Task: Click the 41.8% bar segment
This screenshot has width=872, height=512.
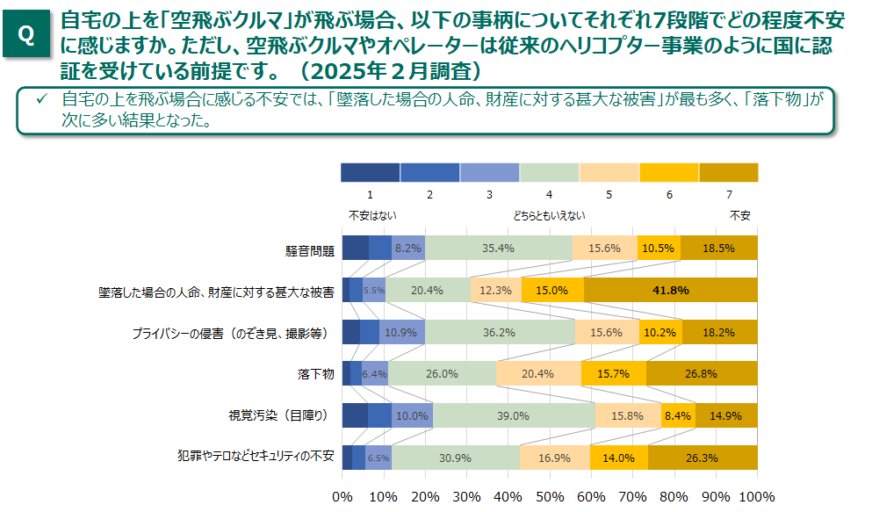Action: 669,290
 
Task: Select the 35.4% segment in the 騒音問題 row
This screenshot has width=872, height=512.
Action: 498,249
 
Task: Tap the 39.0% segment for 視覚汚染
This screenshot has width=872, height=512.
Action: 513,415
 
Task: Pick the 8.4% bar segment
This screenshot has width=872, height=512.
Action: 678,415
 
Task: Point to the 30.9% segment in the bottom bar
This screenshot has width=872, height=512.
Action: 455,458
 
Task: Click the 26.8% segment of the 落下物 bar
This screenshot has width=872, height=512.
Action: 701,373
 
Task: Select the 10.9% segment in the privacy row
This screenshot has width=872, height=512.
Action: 401,332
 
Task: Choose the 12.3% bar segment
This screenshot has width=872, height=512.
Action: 494,290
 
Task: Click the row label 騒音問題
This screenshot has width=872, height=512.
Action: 311,250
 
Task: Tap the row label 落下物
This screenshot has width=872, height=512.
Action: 316,374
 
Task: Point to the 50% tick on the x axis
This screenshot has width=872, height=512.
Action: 549,496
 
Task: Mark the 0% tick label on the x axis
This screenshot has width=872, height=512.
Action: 343,496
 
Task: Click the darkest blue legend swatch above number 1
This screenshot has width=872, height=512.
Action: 370,172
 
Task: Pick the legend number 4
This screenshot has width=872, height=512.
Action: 549,194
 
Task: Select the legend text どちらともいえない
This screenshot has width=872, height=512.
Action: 549,215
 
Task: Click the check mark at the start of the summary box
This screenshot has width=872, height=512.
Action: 40,99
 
